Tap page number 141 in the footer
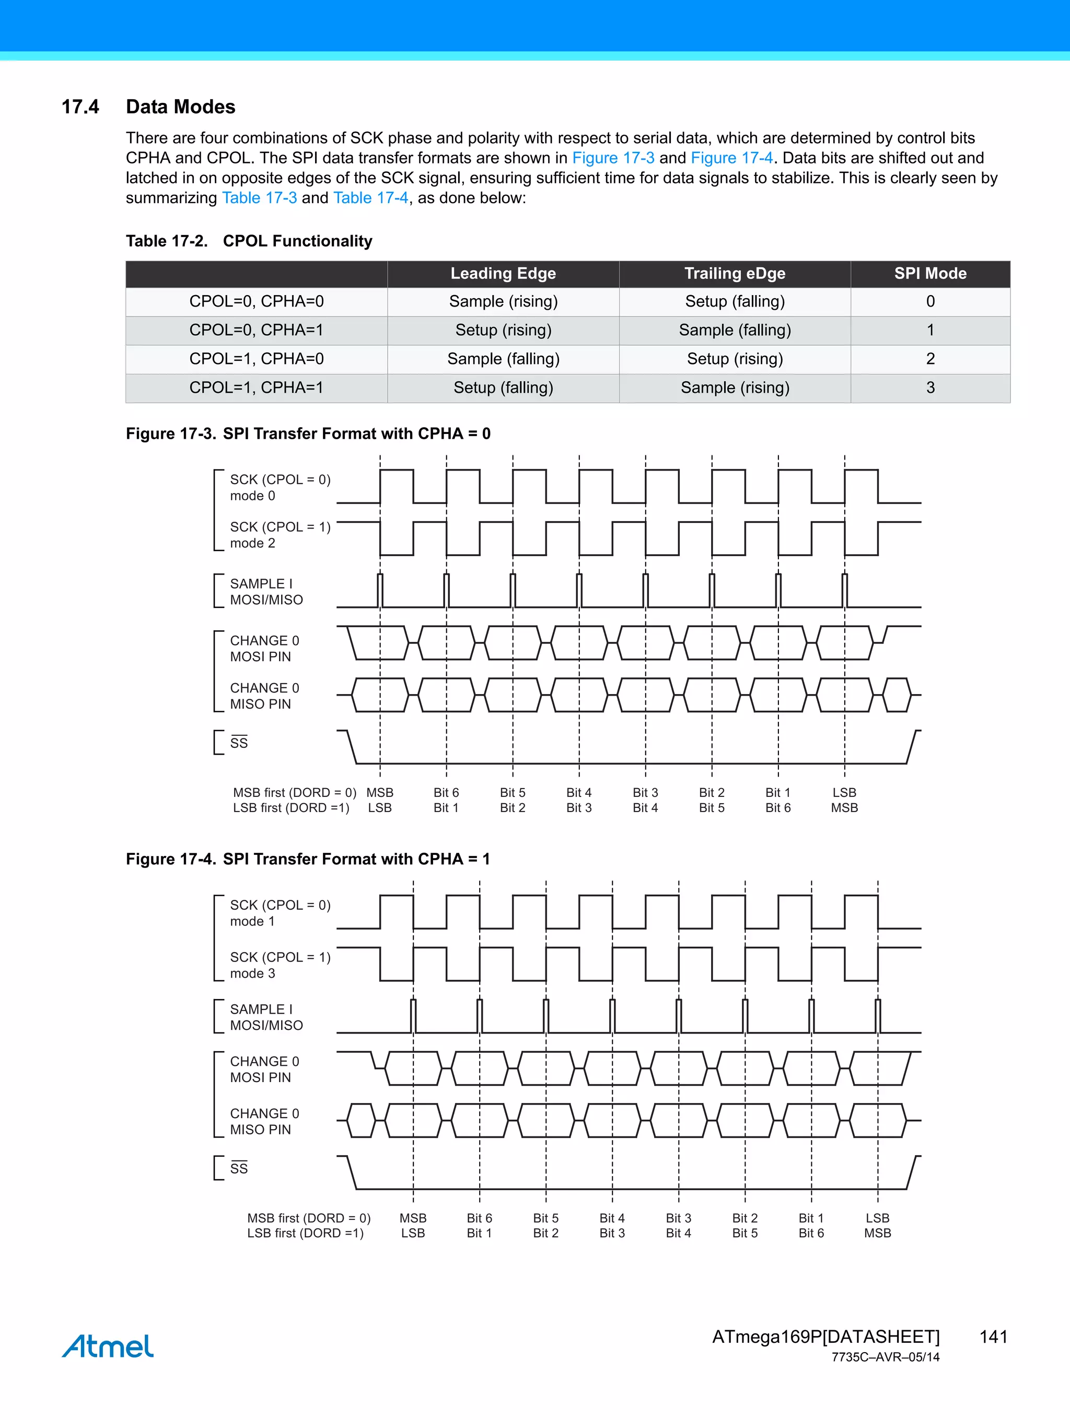993,1336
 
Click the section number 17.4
80,107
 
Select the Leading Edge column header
503,274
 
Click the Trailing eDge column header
735,274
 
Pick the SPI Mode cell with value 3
930,388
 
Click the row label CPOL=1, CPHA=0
256,359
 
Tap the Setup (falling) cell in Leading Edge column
503,388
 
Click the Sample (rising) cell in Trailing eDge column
735,388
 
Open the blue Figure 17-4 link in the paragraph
731,158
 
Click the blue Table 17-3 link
260,198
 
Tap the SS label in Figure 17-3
238,743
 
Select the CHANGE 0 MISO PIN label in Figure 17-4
264,1121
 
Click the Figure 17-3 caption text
308,434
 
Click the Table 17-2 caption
249,241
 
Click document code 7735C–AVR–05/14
885,1357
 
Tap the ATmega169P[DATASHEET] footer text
825,1336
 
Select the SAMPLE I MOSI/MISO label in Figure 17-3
266,591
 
